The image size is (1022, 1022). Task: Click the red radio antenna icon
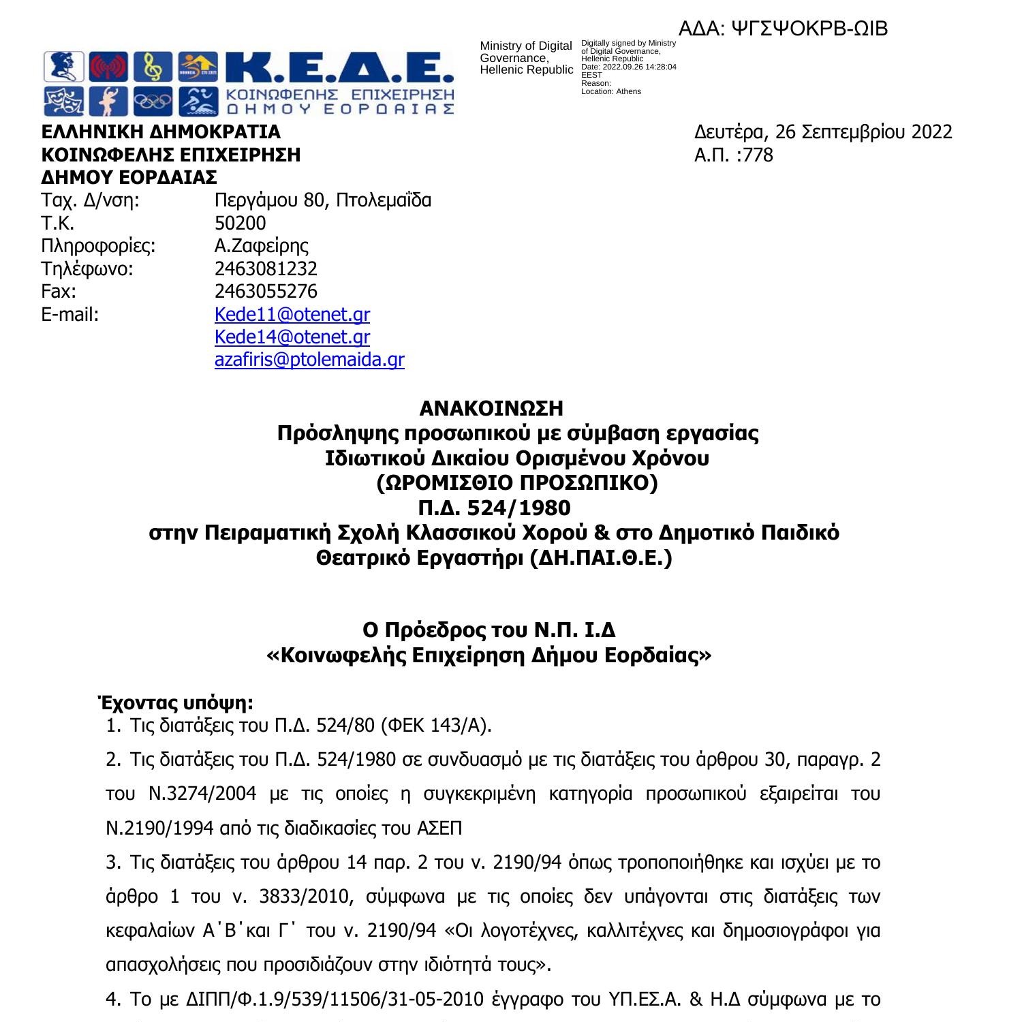tap(109, 67)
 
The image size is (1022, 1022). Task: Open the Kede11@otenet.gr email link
tap(292, 315)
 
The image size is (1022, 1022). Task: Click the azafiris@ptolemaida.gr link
tap(309, 360)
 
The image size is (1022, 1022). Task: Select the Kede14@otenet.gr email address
tap(292, 337)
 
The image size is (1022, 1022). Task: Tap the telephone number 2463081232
tap(266, 269)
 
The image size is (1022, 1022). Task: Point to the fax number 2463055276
tap(266, 292)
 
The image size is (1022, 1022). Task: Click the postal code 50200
tap(240, 223)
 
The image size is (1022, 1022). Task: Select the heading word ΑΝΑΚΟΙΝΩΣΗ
tap(491, 409)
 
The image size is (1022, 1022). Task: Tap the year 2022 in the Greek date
tap(931, 132)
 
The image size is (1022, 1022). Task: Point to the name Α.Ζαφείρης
tap(262, 246)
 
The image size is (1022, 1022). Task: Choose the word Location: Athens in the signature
tap(611, 91)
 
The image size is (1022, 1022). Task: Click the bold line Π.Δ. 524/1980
tap(493, 508)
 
